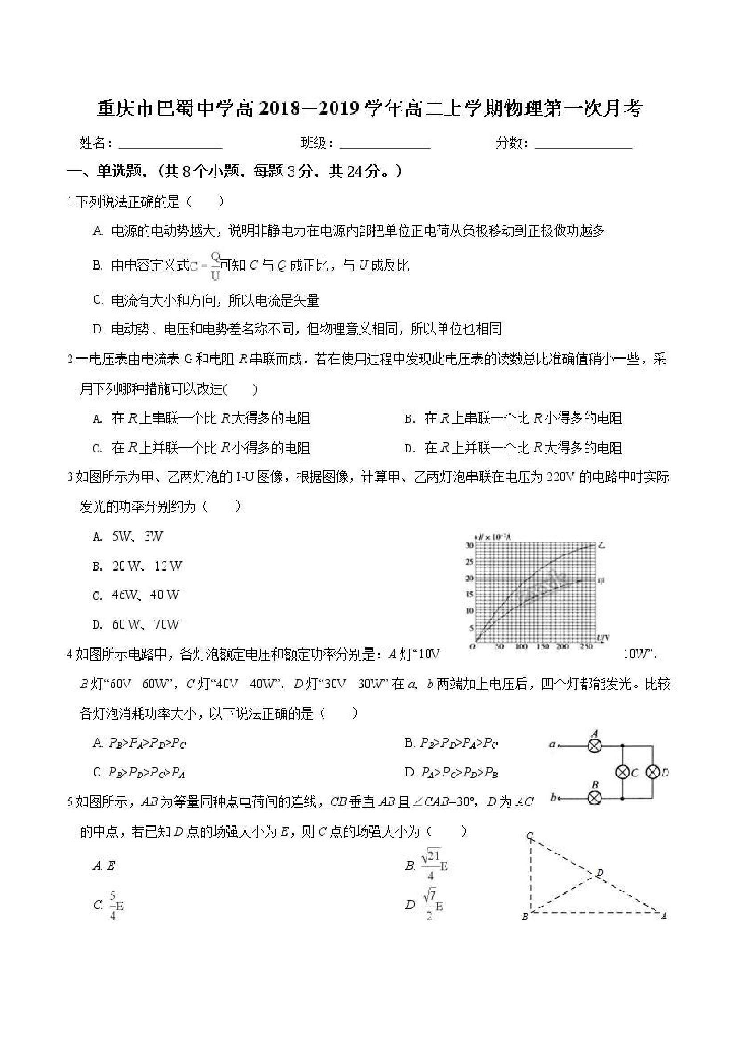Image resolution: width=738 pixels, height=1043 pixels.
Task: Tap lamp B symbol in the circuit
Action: pyautogui.click(x=595, y=798)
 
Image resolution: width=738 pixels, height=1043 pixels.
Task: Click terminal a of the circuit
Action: pyautogui.click(x=559, y=745)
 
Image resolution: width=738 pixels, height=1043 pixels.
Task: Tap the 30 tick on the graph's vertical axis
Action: pyautogui.click(x=469, y=546)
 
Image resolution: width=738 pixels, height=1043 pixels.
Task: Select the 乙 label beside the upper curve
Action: pyautogui.click(x=602, y=545)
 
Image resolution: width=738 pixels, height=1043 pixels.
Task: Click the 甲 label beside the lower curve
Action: pyautogui.click(x=601, y=580)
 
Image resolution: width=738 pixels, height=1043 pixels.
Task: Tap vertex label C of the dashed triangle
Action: pyautogui.click(x=529, y=836)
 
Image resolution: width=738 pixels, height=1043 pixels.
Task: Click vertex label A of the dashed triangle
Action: pyautogui.click(x=663, y=916)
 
